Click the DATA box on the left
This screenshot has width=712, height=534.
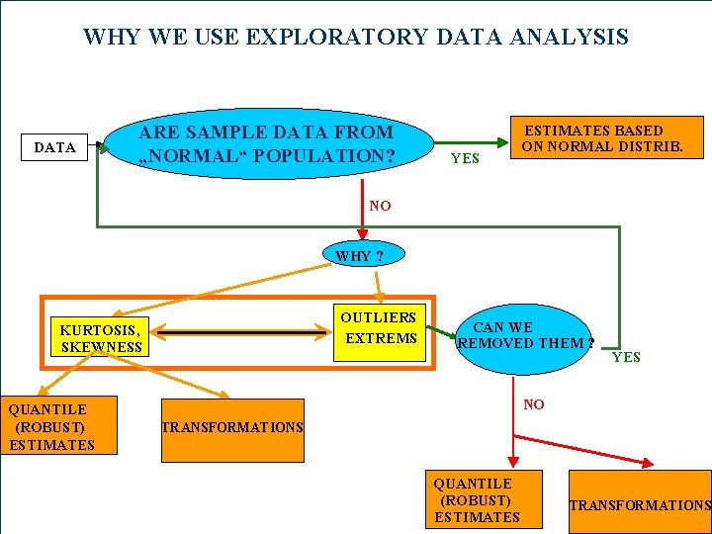55,147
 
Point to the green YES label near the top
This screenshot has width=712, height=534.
465,158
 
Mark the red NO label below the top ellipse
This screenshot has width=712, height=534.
380,207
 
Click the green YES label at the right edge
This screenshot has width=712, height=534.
626,357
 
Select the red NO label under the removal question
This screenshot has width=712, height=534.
534,404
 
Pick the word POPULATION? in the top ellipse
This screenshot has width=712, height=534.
331,157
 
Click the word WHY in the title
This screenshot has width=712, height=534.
111,38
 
